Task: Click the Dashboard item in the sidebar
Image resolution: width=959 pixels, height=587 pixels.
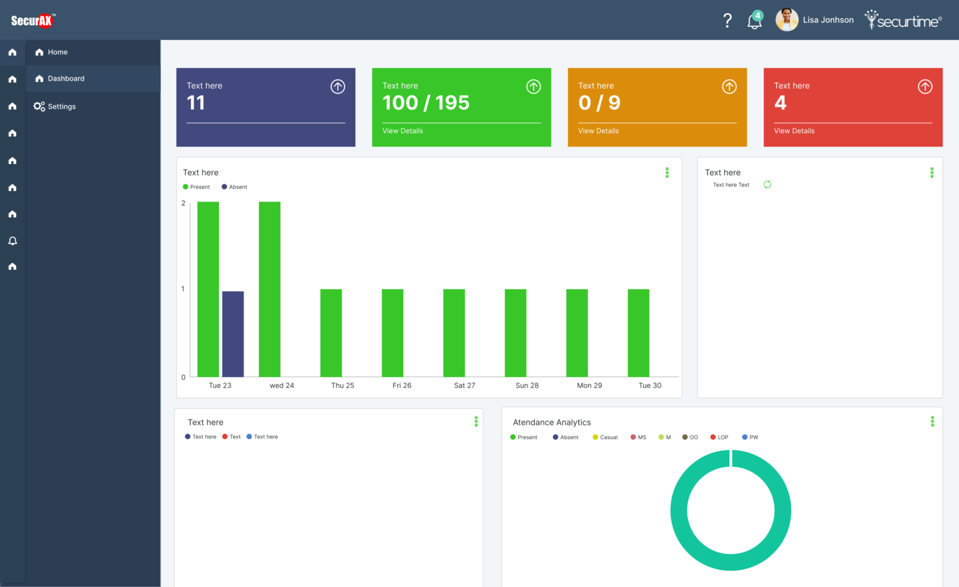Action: (x=66, y=79)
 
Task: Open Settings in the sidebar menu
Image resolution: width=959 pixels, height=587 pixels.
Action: (x=61, y=107)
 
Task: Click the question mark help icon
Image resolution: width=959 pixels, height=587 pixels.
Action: (x=727, y=21)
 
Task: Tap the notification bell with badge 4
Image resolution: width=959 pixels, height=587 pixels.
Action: (x=754, y=21)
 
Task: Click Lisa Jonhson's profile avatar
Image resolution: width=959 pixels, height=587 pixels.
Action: (x=787, y=20)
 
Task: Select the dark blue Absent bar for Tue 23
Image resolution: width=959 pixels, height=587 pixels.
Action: (x=233, y=333)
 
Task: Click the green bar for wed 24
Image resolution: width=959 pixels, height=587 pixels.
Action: (x=269, y=289)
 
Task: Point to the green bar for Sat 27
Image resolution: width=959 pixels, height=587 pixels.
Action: (x=454, y=332)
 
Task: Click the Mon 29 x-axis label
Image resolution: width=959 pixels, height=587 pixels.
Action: (x=589, y=386)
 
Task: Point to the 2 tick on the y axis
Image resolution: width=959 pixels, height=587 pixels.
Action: (x=183, y=203)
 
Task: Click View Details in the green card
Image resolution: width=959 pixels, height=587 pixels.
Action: (x=403, y=131)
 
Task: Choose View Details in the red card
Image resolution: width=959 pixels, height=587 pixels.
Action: (x=794, y=131)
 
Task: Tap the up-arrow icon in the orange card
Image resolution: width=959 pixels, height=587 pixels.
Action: (x=729, y=87)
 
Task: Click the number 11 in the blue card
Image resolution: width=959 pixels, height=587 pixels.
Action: (x=195, y=103)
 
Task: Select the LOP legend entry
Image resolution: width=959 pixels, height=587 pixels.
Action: (x=719, y=437)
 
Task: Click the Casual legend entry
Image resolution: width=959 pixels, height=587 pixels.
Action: (x=605, y=437)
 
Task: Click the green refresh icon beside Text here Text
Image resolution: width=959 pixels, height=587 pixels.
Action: (x=767, y=184)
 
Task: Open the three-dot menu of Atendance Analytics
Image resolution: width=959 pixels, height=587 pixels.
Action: (x=932, y=422)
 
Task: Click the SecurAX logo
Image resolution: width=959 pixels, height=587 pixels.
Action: (x=32, y=21)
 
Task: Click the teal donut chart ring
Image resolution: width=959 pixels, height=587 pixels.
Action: (x=679, y=511)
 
